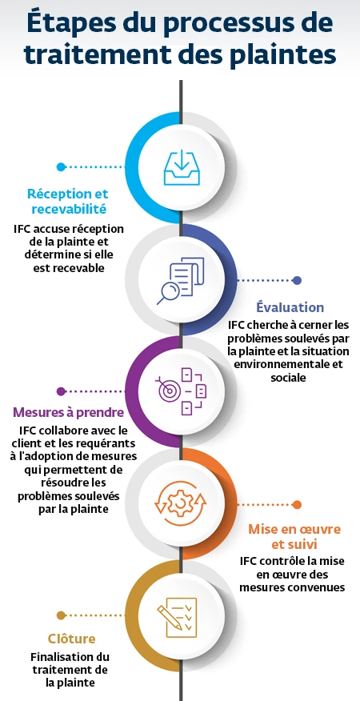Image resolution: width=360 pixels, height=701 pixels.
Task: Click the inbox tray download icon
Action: pos(182,168)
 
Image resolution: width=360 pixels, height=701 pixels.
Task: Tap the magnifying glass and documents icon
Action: pos(181,280)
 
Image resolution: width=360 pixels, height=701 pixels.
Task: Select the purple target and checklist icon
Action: pos(181,391)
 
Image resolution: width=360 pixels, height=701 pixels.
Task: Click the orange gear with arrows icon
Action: pos(181,503)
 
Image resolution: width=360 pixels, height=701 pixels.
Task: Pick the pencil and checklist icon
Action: pos(177,615)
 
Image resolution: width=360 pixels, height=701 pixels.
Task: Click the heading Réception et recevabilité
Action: pos(67,201)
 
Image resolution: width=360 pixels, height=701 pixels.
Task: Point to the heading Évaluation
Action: pos(290,307)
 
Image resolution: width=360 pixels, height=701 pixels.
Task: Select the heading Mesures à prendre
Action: pos(68,412)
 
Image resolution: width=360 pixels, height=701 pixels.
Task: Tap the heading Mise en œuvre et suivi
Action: pos(294,537)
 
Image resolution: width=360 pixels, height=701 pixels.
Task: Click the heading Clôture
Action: pos(71,638)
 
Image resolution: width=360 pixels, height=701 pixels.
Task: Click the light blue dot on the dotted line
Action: pos(61,166)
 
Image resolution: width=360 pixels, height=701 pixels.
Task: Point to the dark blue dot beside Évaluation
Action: pos(297,280)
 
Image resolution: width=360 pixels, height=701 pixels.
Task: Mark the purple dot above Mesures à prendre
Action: pos(61,391)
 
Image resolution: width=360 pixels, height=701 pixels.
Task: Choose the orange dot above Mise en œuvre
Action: pos(297,505)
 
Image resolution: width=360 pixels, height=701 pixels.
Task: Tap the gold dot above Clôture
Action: pos(61,615)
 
